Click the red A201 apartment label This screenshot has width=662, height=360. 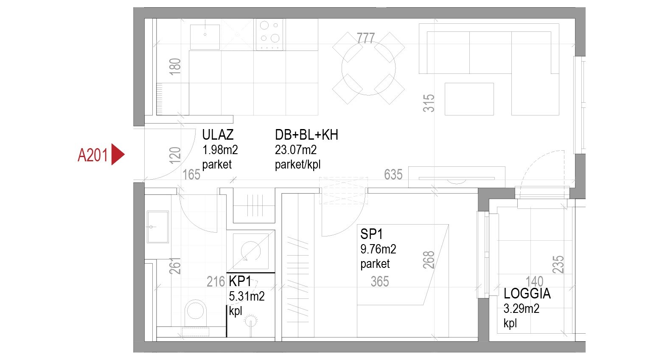tap(93, 155)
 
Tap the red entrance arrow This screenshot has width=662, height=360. tap(118, 154)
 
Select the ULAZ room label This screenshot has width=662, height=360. tap(218, 135)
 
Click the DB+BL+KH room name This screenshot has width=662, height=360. tap(306, 135)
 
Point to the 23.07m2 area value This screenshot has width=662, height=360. tap(295, 150)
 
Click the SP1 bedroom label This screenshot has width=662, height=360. tap(371, 234)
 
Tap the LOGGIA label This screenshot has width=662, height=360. tap(527, 293)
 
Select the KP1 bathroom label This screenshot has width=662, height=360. tap(240, 281)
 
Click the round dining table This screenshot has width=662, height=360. tap(368, 68)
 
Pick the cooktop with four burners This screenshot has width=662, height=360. tap(269, 34)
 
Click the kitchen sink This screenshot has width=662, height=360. tap(205, 37)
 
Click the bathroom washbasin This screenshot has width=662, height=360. tap(158, 227)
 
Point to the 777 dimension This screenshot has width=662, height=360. tap(365, 38)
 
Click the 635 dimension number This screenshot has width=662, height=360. tap(393, 174)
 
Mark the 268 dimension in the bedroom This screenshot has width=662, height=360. tap(429, 260)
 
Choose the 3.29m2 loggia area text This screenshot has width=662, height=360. tap(522, 309)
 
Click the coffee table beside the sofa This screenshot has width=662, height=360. tap(469, 99)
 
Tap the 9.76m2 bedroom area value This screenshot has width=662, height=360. tap(378, 249)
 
